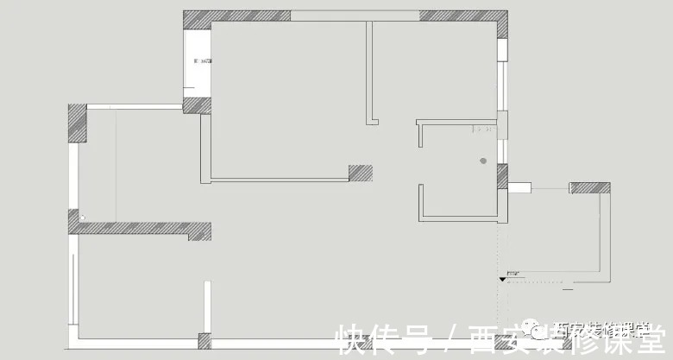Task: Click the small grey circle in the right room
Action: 484,161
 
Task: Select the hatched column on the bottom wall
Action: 204,340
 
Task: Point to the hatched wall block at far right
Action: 590,187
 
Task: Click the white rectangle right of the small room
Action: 518,187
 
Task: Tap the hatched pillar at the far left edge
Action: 78,123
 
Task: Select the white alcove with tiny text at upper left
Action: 198,62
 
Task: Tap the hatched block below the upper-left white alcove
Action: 196,105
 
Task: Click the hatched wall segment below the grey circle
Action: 502,176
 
